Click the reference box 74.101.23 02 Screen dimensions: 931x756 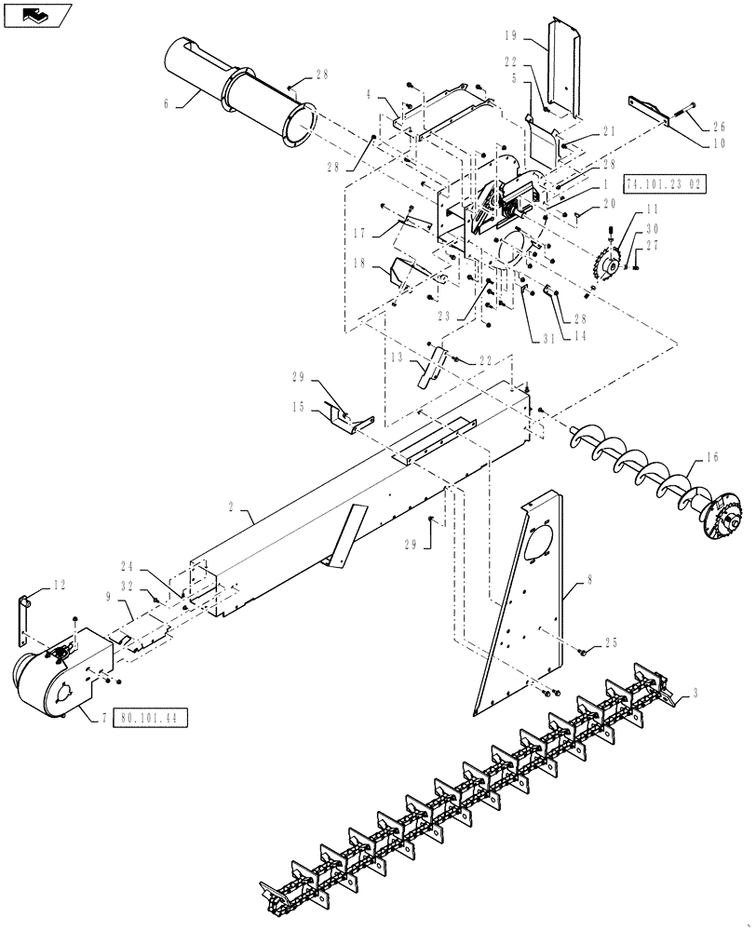pos(665,183)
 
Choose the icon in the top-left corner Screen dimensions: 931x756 pos(37,16)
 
